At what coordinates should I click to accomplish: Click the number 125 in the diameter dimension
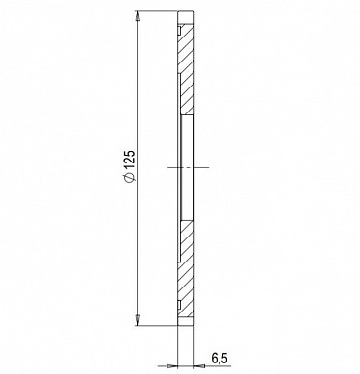click(129, 160)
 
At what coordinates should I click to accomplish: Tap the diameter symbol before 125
click(129, 178)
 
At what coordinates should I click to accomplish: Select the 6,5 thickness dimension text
click(219, 358)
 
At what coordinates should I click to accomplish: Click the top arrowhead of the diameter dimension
click(138, 16)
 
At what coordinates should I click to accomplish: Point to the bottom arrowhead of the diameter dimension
click(138, 320)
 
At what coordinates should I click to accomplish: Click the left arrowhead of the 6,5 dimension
click(172, 365)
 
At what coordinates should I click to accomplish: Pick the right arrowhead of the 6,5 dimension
click(199, 365)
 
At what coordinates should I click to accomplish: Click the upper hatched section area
click(186, 69)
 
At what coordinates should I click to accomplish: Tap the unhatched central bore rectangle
click(188, 167)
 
